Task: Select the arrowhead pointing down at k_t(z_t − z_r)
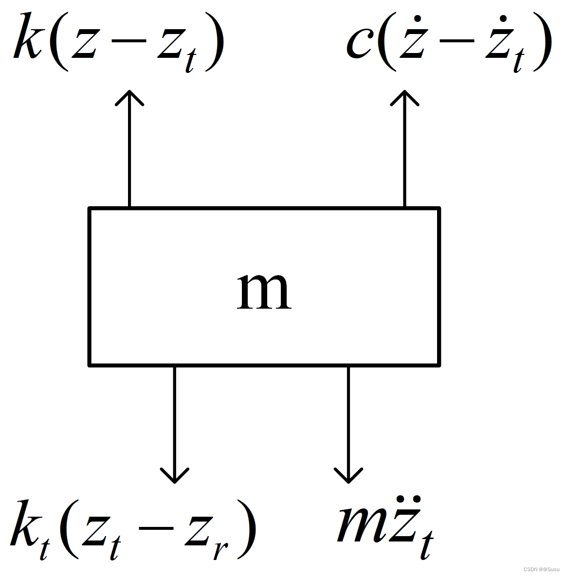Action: (174, 475)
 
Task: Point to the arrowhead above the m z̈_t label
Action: (348, 475)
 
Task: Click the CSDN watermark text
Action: (543, 569)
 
